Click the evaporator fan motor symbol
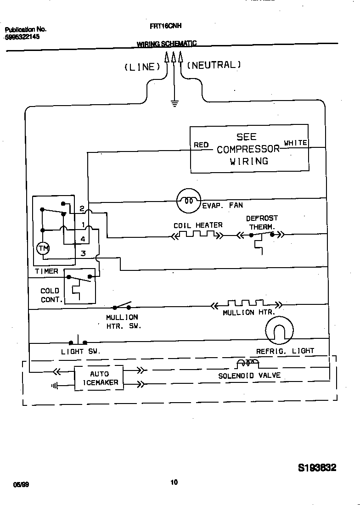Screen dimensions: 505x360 [189, 201]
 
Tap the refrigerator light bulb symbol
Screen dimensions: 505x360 [279, 331]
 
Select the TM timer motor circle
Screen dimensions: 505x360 [43, 248]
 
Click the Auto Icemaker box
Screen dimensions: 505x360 [99, 378]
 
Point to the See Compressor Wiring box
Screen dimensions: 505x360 [249, 149]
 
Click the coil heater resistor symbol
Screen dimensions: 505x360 [197, 235]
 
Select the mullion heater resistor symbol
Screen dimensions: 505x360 [246, 304]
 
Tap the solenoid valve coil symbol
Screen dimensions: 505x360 [247, 364]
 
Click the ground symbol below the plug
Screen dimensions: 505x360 [174, 104]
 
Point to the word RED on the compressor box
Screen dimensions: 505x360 [201, 145]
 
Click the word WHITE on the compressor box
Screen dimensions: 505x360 [295, 143]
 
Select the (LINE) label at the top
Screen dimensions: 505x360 [142, 67]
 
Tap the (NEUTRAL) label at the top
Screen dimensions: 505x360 [214, 65]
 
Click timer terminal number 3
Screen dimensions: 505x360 [83, 253]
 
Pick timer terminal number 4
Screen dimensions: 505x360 [83, 239]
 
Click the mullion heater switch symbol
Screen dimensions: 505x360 [122, 307]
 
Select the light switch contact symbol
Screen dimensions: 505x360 [78, 342]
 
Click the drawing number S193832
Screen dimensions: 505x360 [317, 468]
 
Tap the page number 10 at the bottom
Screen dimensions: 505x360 [174, 482]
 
